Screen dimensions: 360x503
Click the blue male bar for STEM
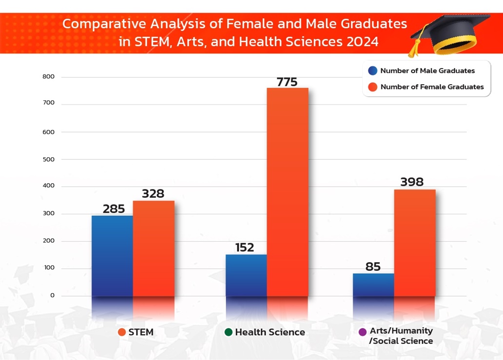click(112, 255)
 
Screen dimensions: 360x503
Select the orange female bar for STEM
click(154, 248)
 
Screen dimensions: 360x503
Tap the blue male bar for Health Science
click(246, 275)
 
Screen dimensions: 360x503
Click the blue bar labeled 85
click(373, 284)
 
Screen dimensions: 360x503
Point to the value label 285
click(114, 209)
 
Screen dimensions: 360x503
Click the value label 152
click(244, 247)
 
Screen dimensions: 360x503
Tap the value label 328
click(153, 193)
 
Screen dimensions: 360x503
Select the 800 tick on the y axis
click(48, 77)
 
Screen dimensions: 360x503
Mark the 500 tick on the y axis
click(48, 159)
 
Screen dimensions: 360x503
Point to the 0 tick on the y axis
click(52, 296)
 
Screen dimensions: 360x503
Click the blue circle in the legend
click(373, 71)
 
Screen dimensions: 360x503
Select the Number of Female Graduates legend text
click(432, 87)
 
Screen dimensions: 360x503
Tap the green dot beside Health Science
click(228, 332)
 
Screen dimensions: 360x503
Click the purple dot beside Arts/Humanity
click(362, 332)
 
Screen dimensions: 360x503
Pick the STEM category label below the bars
click(141, 332)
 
